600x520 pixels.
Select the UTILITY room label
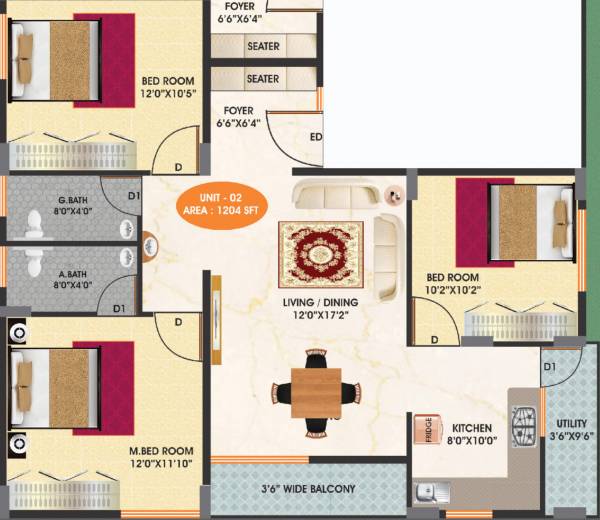point(571,423)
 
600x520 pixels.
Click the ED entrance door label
point(316,137)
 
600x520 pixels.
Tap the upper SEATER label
point(263,46)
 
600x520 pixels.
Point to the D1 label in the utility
point(549,368)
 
